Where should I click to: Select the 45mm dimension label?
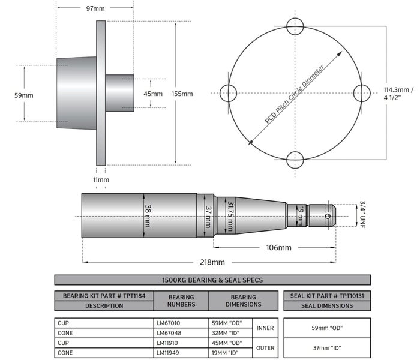[152, 94]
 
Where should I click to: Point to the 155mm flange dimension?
[182, 94]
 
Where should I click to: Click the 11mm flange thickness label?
[101, 179]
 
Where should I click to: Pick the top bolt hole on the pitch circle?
[295, 26]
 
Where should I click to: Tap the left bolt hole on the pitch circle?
[229, 93]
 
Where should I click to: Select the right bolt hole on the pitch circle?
[362, 93]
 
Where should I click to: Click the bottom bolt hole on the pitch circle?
[295, 160]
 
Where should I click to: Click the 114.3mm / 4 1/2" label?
[398, 94]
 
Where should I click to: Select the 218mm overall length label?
[211, 262]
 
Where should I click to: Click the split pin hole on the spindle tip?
[327, 215]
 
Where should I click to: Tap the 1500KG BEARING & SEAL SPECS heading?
[212, 280]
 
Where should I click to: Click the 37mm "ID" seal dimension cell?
[326, 348]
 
